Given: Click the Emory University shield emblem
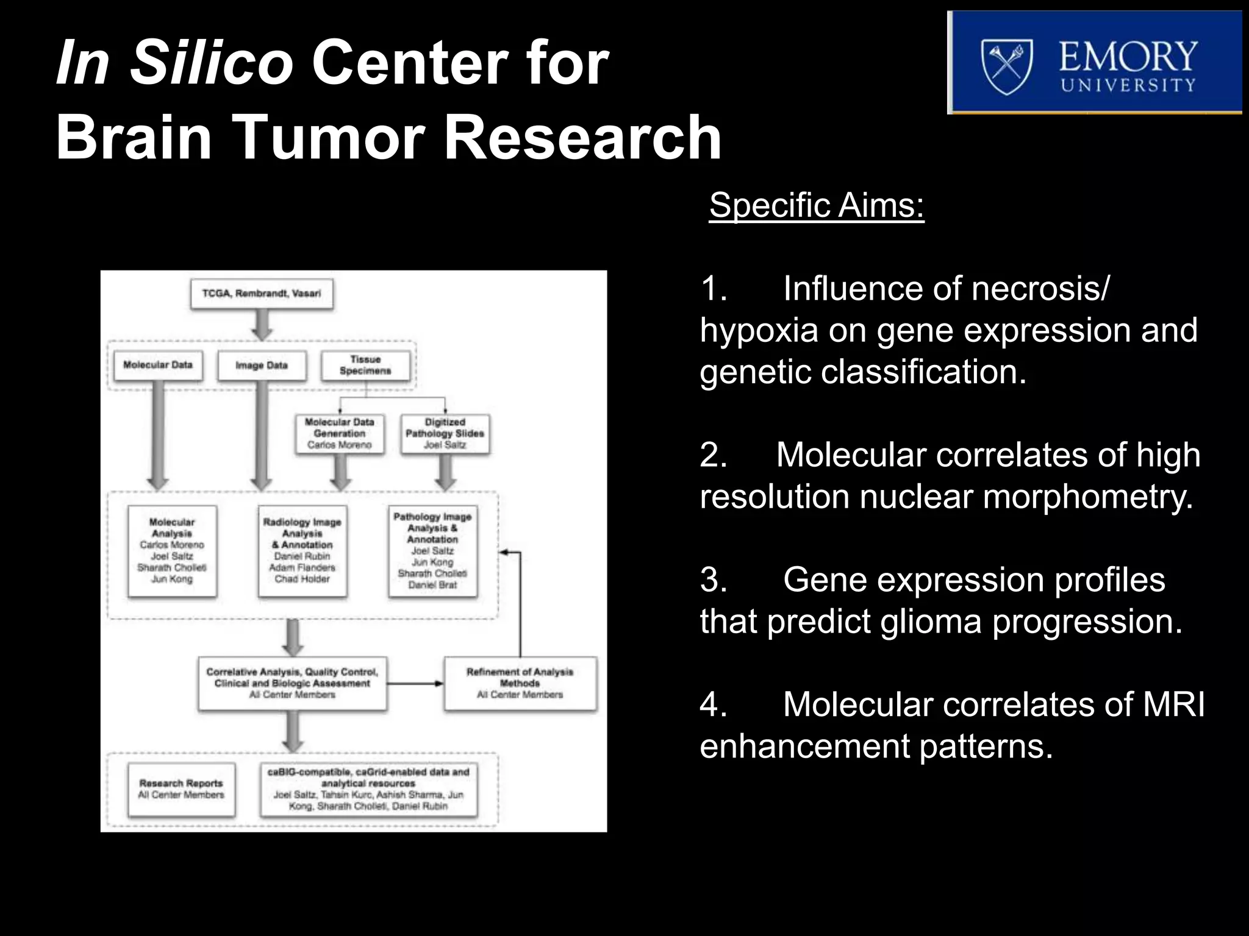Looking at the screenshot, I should pos(1006,66).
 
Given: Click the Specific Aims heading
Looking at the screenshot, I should pos(816,205).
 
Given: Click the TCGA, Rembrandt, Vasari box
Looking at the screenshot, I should pos(262,294).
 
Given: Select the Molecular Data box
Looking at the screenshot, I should pos(158,365).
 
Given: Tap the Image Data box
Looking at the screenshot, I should pos(262,366).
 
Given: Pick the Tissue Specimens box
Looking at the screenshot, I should pos(365,365).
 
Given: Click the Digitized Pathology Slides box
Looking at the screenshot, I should pos(445,433).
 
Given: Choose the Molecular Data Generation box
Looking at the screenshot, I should pos(339,433).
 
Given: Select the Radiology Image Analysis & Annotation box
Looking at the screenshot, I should pos(302,551).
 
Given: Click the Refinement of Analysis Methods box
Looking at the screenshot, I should pos(520,683).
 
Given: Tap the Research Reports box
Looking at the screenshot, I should pos(181,789).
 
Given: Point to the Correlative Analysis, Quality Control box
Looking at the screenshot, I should pos(292,683).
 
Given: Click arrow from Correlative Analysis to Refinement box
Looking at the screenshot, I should pos(415,684).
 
